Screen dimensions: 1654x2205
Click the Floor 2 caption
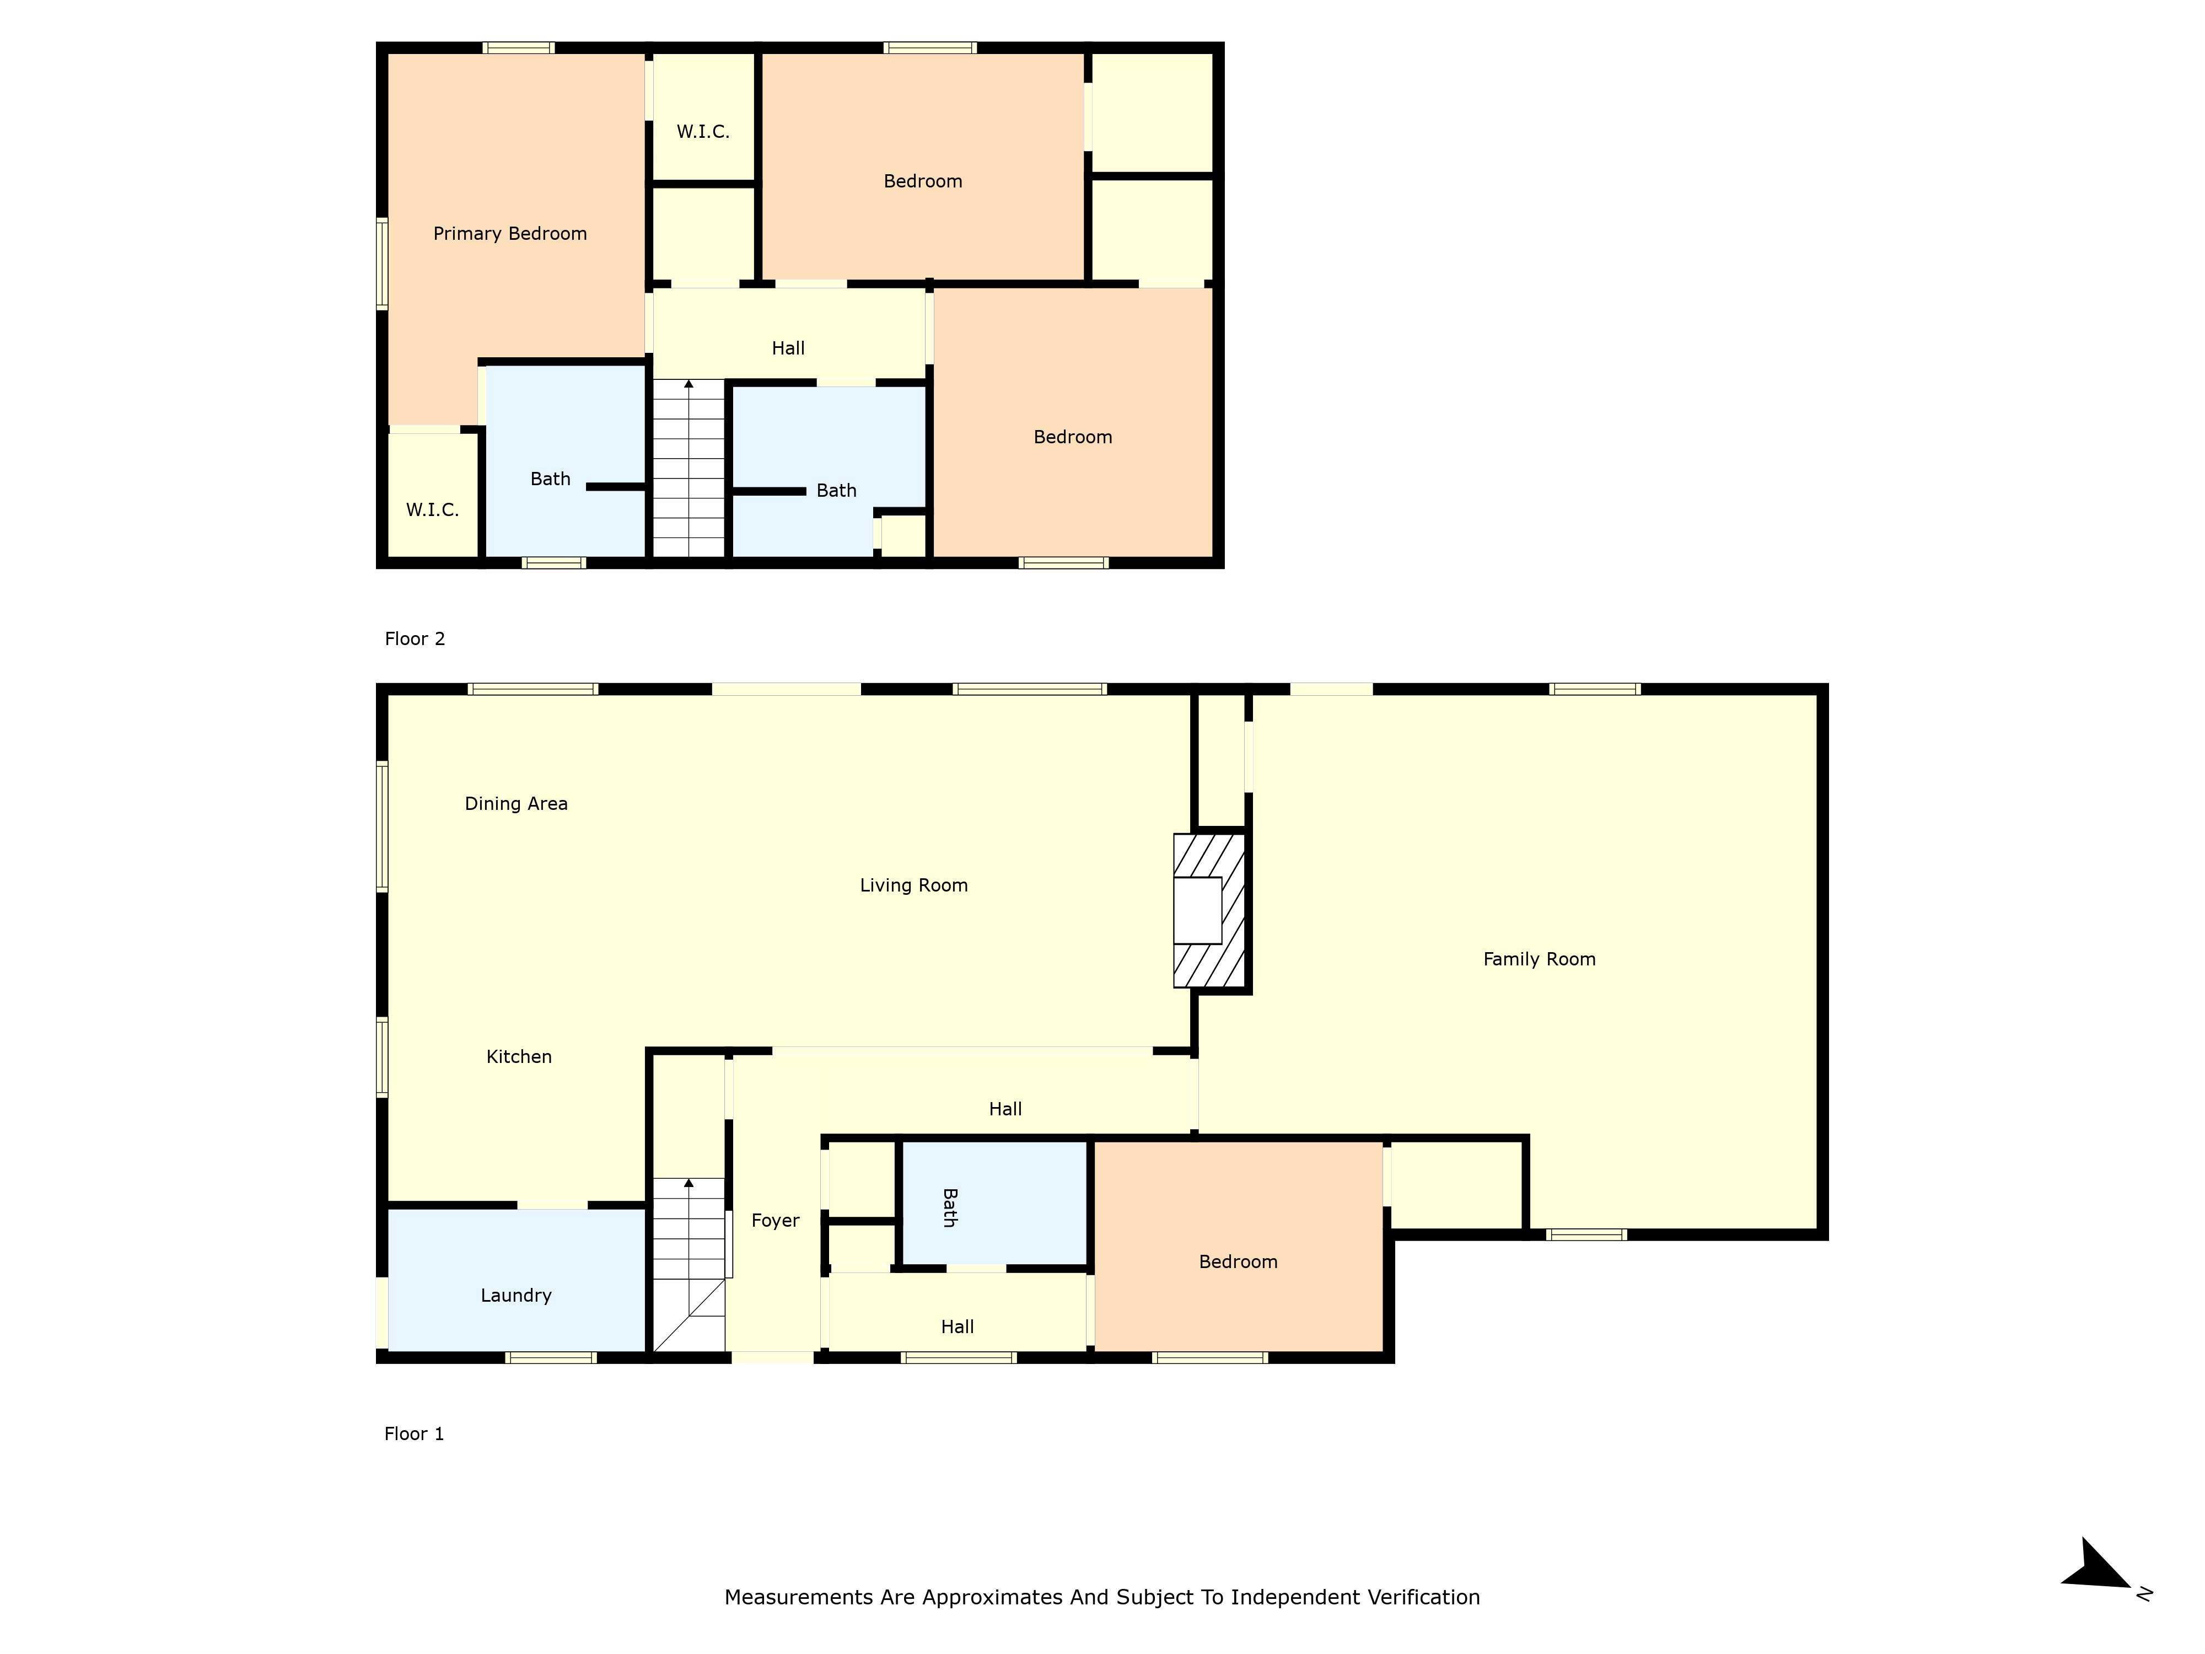pos(415,639)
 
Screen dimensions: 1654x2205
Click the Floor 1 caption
pos(413,1433)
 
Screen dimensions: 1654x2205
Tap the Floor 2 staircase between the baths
pos(688,469)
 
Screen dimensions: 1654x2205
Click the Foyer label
pos(775,1220)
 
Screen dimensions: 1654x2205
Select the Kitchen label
pos(518,1057)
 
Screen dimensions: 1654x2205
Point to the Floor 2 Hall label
pos(788,348)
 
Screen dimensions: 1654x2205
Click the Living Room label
pos(913,885)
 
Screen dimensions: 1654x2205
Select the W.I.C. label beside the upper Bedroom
pos(703,132)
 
